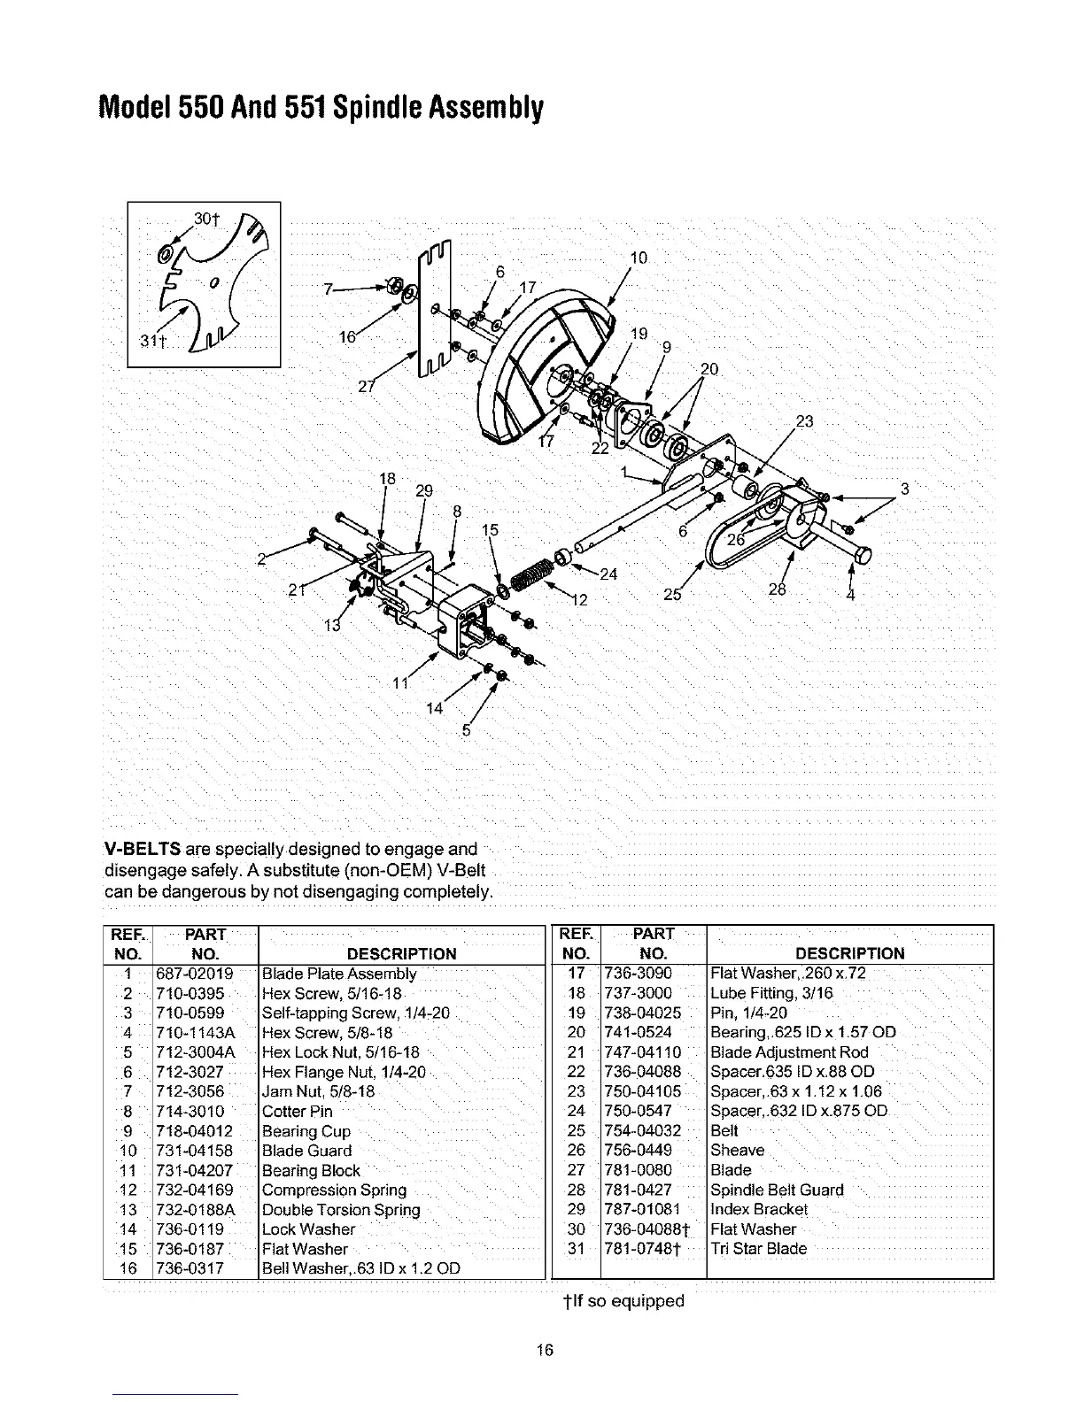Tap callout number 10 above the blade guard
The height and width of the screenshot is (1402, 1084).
[x=639, y=258]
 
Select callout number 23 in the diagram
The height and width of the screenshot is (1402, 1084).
[x=804, y=421]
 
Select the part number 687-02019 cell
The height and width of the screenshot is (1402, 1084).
[x=194, y=974]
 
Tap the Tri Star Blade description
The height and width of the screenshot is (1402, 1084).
[x=759, y=1249]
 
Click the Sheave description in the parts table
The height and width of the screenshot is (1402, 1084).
[x=738, y=1151]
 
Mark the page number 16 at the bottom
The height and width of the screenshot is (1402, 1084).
[x=545, y=1350]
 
